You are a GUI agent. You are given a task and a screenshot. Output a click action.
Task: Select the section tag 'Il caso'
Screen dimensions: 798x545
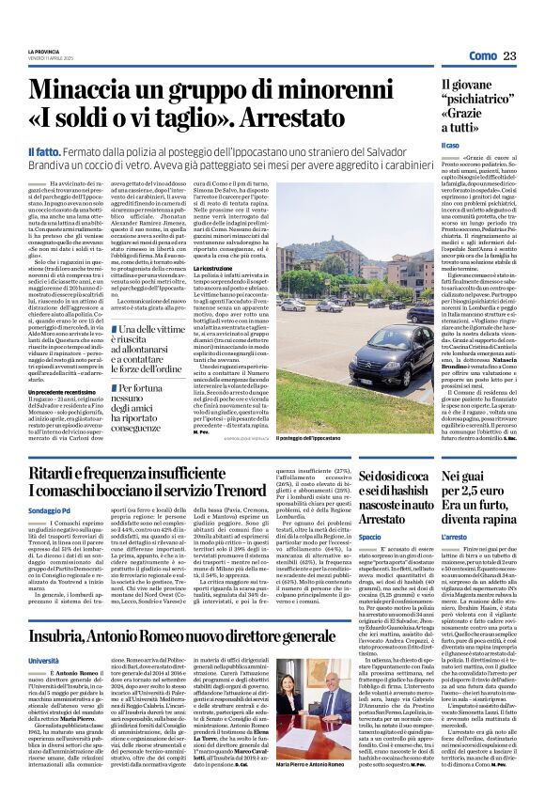click(451, 146)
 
